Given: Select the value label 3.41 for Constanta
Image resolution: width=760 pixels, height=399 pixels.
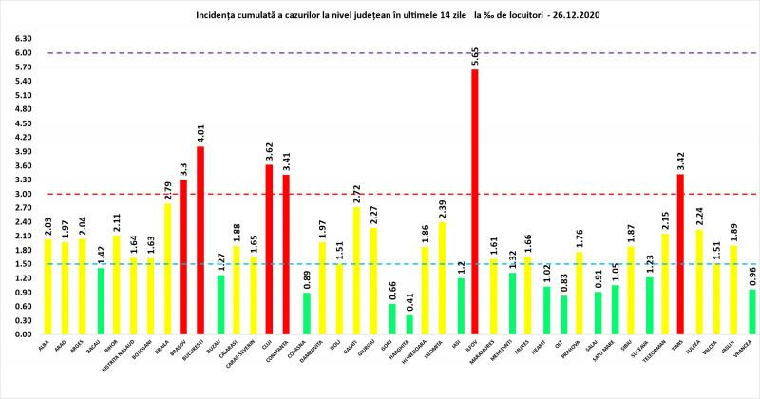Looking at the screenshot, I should tap(286, 161).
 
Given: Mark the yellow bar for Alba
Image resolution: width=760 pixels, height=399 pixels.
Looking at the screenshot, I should tap(47, 286).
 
